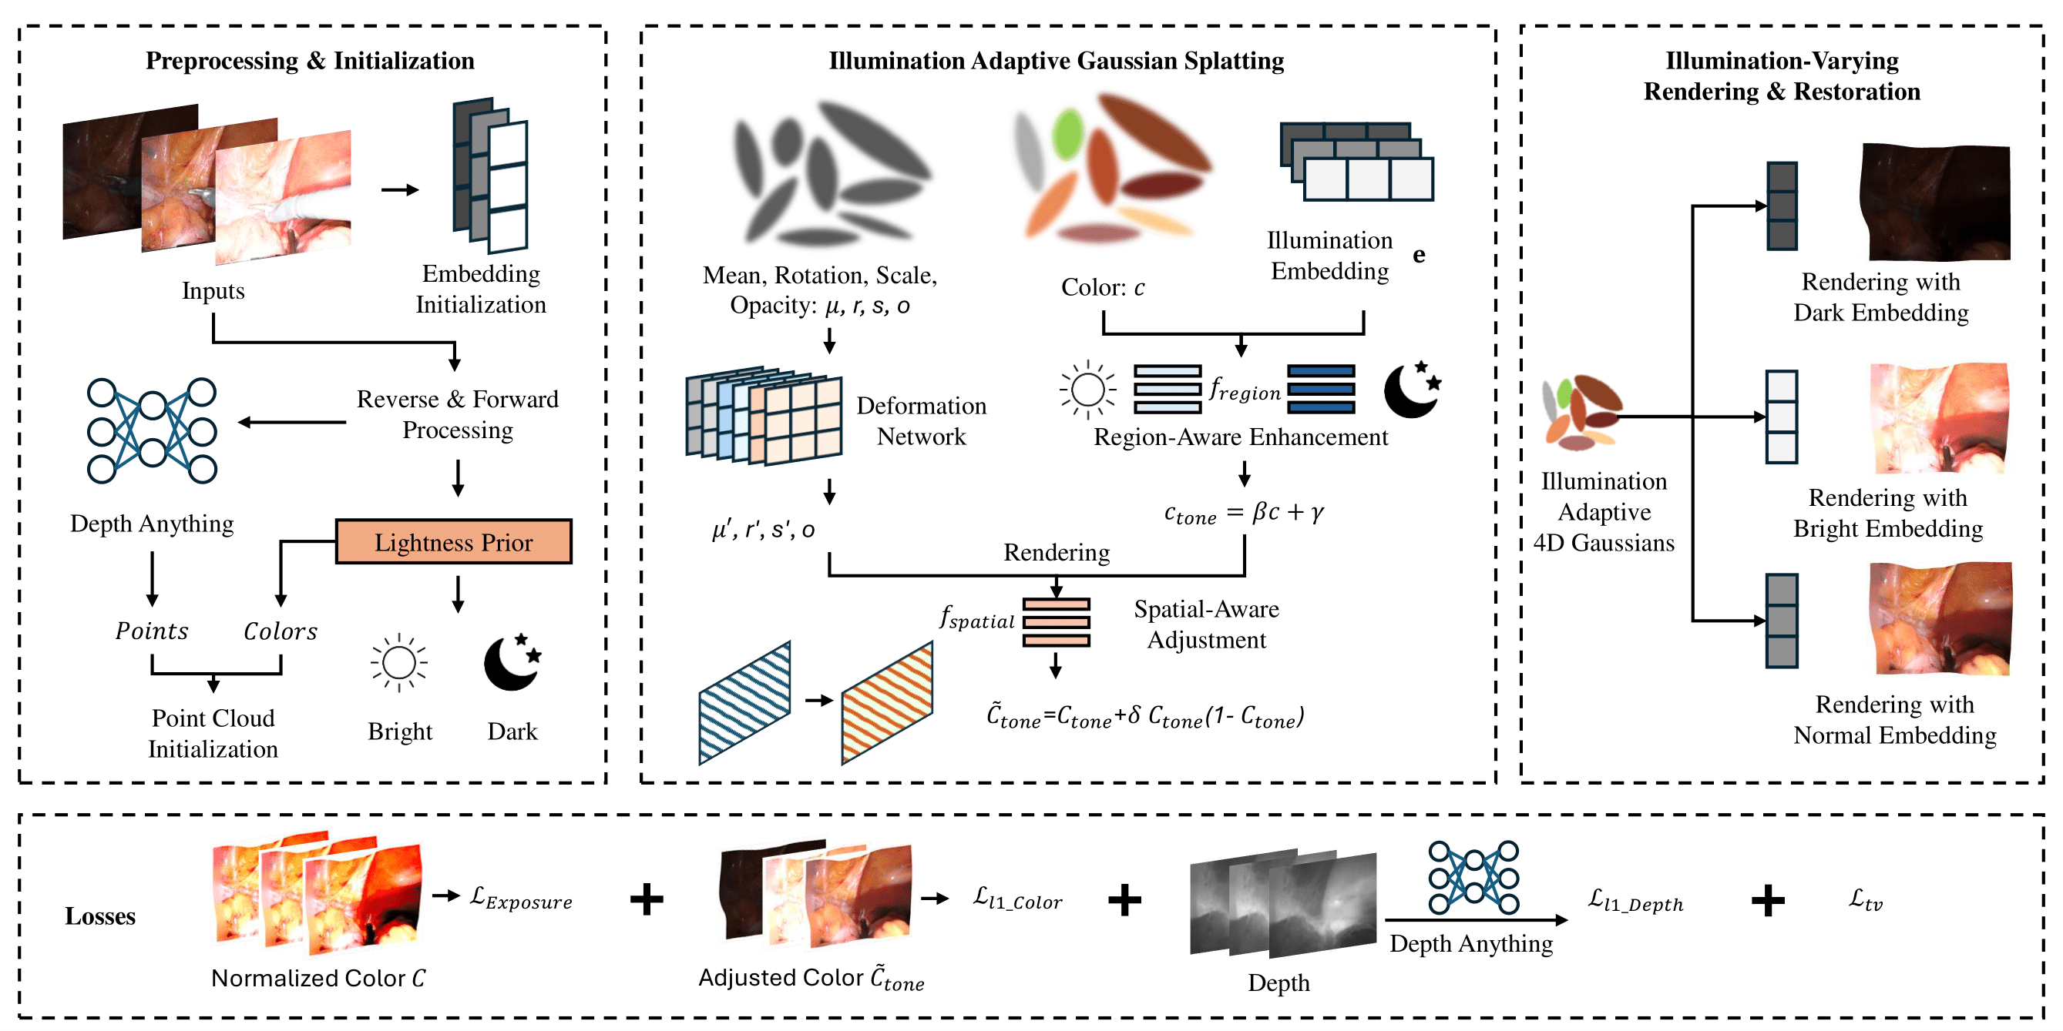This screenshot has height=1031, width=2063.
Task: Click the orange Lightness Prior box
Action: (453, 542)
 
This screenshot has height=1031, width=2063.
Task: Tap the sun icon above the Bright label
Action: (399, 663)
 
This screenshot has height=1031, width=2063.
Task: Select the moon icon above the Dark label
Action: (512, 662)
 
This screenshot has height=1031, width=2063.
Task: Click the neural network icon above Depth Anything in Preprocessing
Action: (151, 430)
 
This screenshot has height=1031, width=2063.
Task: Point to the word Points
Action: (151, 631)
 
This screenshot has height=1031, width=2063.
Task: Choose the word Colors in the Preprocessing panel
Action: (281, 631)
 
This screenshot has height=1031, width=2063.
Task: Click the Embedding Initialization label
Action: (481, 289)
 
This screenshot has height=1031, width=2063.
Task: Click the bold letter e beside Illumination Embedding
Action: (1419, 255)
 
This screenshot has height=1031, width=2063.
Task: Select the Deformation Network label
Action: (921, 421)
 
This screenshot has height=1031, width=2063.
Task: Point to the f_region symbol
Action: (1245, 390)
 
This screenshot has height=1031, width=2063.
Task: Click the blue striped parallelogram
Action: (744, 703)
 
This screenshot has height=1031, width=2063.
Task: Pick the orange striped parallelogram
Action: (887, 703)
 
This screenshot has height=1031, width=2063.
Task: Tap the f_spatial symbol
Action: (977, 618)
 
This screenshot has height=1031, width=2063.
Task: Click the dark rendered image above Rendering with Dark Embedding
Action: (1935, 202)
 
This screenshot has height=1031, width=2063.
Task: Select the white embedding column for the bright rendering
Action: (1782, 417)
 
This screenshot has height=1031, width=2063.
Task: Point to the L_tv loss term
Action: (1865, 900)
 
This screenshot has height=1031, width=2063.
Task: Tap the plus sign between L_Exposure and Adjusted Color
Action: (647, 899)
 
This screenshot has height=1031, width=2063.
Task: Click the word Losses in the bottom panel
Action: (100, 916)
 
